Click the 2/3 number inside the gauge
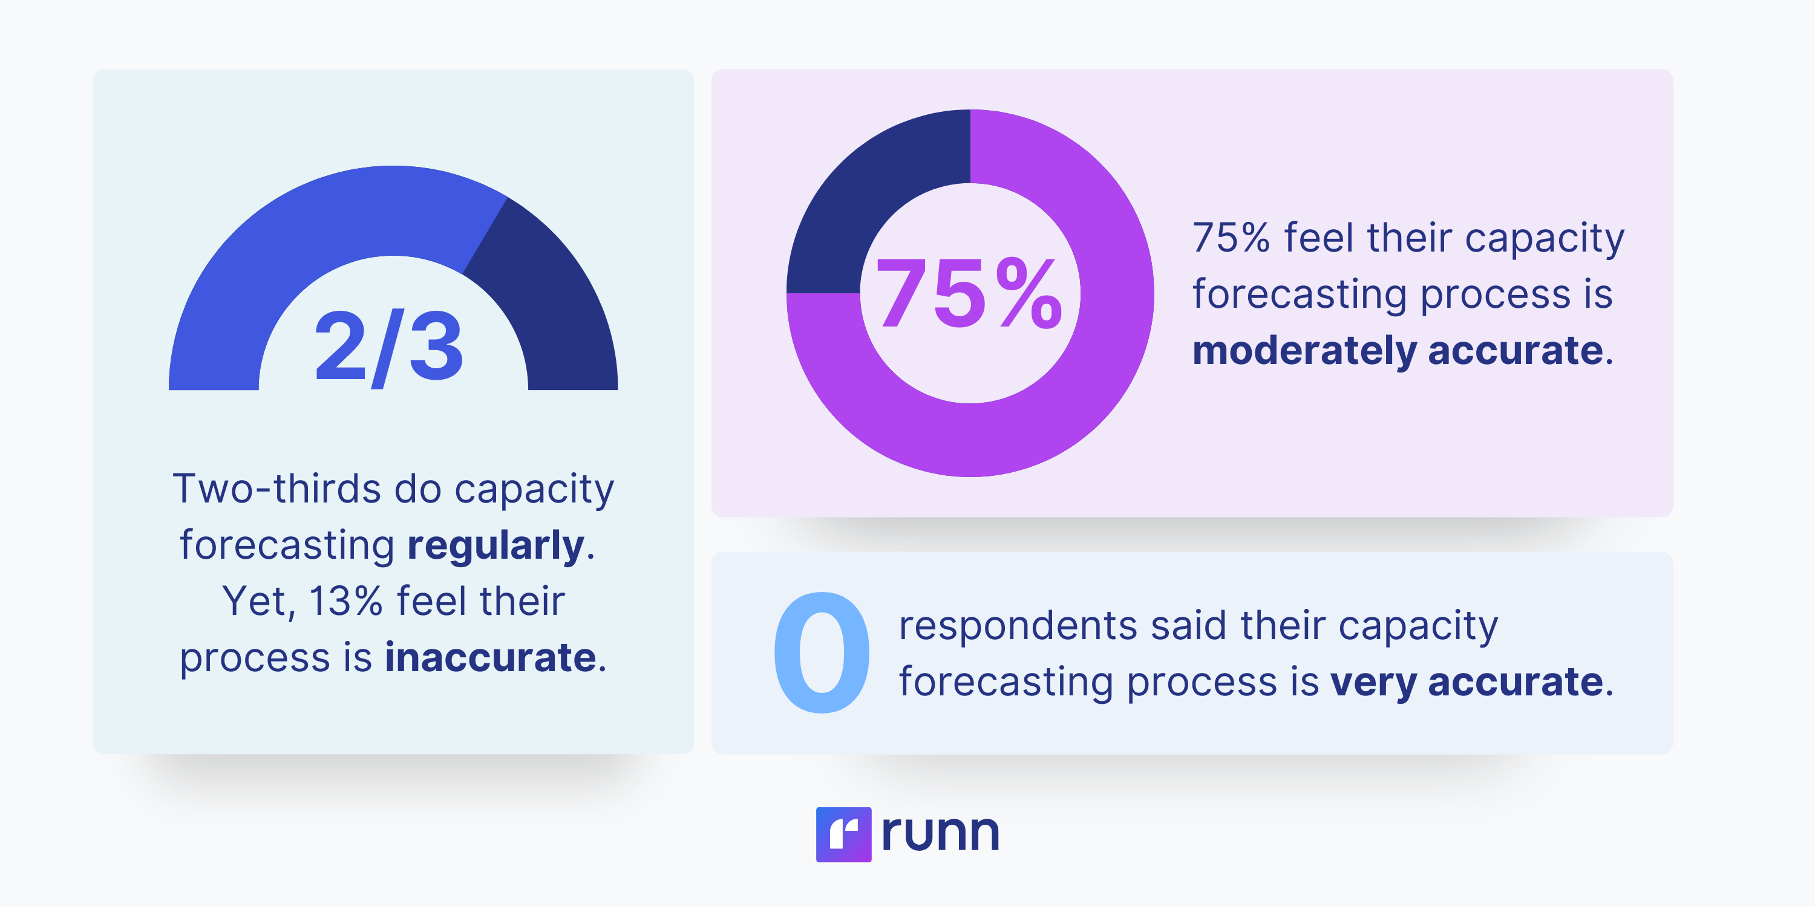(x=389, y=346)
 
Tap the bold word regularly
(x=496, y=546)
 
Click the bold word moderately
(x=1304, y=351)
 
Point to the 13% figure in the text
(x=345, y=602)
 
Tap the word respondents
(x=1018, y=625)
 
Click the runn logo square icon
(x=843, y=834)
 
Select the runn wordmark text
(x=940, y=833)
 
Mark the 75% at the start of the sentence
(x=1231, y=238)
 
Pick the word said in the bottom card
(x=1189, y=625)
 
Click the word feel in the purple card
(x=1318, y=238)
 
